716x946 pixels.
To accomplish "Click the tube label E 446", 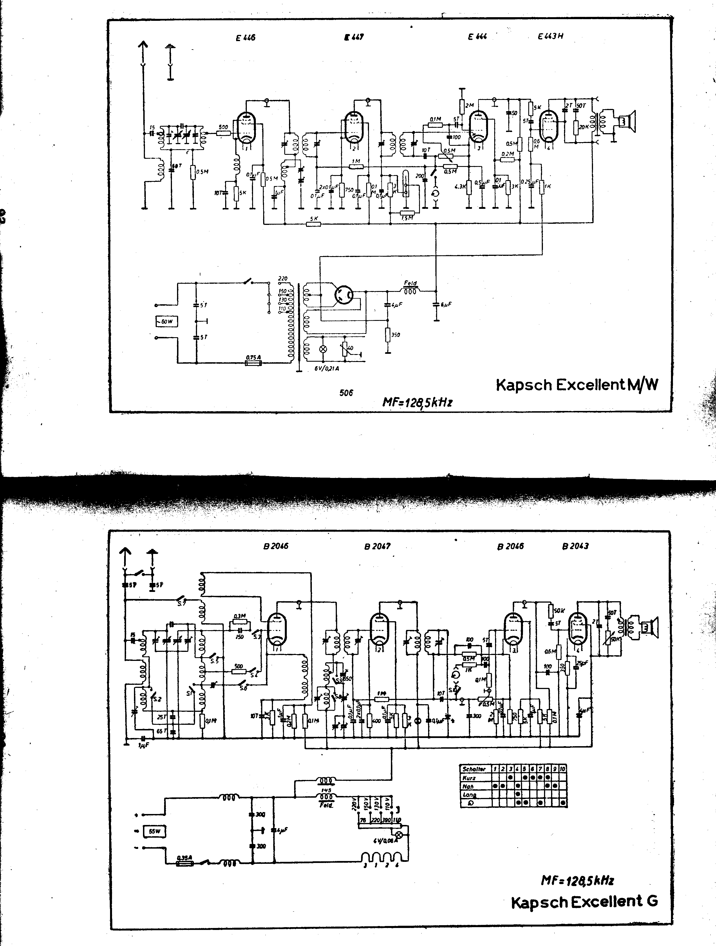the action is [x=245, y=38].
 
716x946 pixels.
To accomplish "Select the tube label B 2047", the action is [x=377, y=546].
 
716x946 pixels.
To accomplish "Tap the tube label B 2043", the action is [x=575, y=546].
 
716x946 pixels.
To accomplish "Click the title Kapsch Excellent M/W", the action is [x=577, y=385].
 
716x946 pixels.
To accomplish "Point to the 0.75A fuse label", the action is [x=253, y=357].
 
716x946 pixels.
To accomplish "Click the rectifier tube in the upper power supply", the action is [x=343, y=295].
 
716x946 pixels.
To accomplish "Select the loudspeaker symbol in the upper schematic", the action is [x=627, y=122].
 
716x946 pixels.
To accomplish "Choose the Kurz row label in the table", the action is [x=470, y=777].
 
